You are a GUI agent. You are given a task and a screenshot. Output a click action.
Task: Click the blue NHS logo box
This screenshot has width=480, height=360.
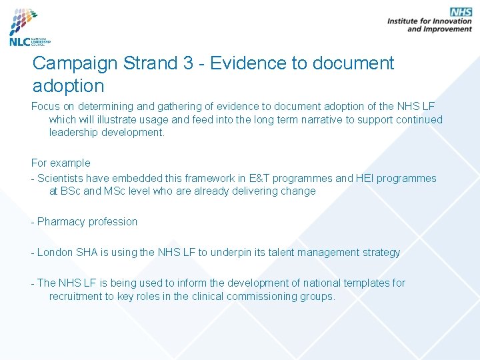[461, 12]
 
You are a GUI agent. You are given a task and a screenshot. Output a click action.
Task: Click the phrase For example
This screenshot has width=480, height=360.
[61, 163]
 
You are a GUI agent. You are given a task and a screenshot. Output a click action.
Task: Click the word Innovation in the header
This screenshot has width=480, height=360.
[449, 21]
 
